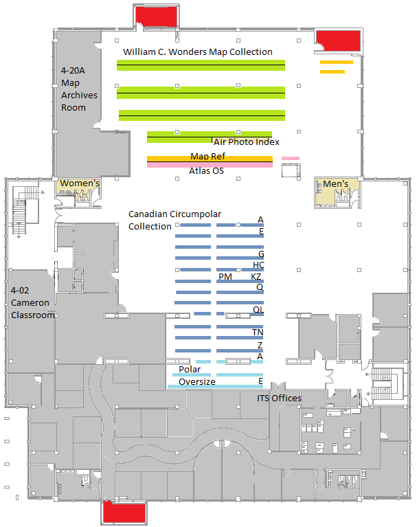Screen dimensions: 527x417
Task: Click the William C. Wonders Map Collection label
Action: click(x=198, y=52)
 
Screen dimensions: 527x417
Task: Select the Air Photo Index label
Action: click(x=247, y=142)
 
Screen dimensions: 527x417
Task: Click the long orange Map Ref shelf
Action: click(x=210, y=159)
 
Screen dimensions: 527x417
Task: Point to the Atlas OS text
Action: click(x=206, y=171)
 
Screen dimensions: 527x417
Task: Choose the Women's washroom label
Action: click(x=80, y=183)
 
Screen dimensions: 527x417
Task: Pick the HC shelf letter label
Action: click(x=258, y=265)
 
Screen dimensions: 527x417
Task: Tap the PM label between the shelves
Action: click(x=225, y=277)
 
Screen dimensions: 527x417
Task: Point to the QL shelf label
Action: click(x=258, y=310)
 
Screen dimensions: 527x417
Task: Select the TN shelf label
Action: click(x=258, y=333)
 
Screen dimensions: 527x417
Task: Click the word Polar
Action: click(x=190, y=370)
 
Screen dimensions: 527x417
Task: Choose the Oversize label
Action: click(x=197, y=382)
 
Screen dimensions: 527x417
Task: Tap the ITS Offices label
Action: click(x=279, y=399)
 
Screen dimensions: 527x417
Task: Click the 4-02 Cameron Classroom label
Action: click(x=32, y=303)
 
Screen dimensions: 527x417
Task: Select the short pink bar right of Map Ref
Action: click(x=290, y=158)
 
